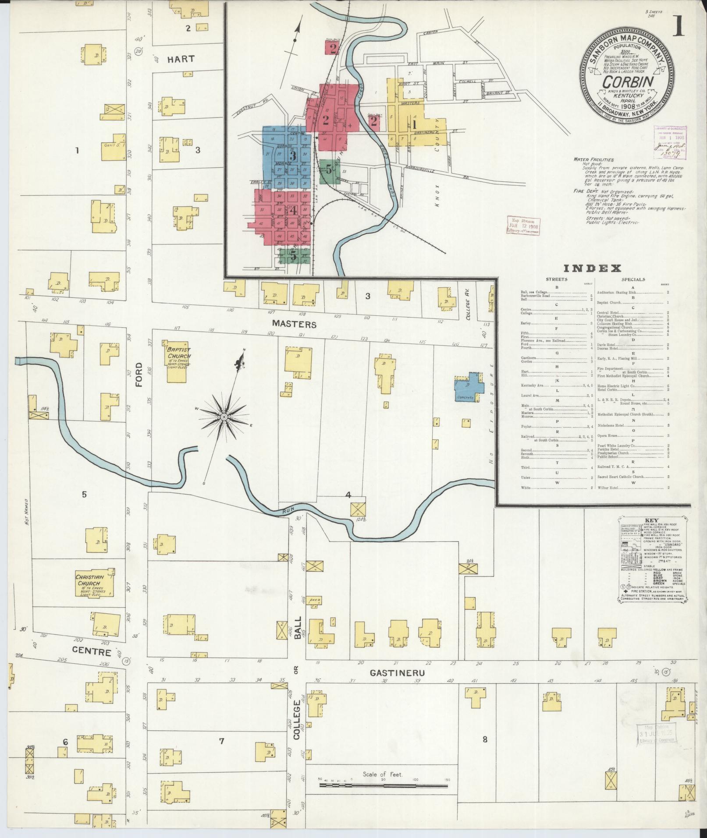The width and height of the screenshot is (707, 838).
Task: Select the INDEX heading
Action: pyautogui.click(x=592, y=268)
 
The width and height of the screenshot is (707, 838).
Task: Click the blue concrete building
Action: pyautogui.click(x=469, y=387)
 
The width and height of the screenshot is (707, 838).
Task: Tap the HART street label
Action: pyautogui.click(x=181, y=59)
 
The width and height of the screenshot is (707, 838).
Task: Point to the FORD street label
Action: pyautogui.click(x=139, y=375)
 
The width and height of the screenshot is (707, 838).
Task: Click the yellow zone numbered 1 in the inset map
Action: pyautogui.click(x=413, y=124)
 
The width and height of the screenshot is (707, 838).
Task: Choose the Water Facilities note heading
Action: pyautogui.click(x=593, y=159)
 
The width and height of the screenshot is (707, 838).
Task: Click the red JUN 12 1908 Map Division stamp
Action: pyautogui.click(x=523, y=225)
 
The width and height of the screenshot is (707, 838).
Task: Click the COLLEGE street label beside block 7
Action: pyautogui.click(x=296, y=726)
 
